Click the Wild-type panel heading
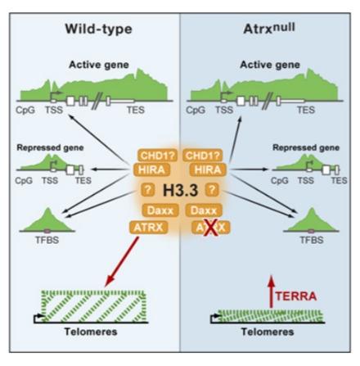click(98, 29)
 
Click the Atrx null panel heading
click(269, 29)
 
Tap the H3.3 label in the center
click(180, 190)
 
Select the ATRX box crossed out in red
click(211, 228)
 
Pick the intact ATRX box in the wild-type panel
click(148, 228)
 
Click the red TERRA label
click(296, 296)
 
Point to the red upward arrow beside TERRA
click(271, 291)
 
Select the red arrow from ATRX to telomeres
click(122, 261)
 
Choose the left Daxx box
click(160, 210)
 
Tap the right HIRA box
click(208, 169)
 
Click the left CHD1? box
click(157, 156)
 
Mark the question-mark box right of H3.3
click(212, 189)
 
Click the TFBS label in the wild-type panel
click(47, 240)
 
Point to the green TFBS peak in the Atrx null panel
click(312, 219)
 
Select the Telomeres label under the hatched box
click(91, 332)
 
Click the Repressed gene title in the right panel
click(306, 147)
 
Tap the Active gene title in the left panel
click(99, 65)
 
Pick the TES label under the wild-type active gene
click(136, 110)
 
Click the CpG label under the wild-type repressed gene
click(24, 180)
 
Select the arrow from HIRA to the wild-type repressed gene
click(110, 169)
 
